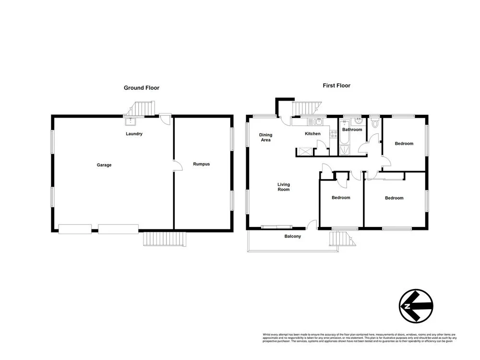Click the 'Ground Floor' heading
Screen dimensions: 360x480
click(x=142, y=88)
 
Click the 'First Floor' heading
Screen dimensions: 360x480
click(x=336, y=85)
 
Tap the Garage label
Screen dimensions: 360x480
click(x=104, y=165)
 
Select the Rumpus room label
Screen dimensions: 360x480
click(x=201, y=164)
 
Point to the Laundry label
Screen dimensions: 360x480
click(x=134, y=134)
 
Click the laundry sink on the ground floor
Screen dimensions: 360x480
click(x=129, y=121)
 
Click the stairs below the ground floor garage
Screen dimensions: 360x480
click(x=165, y=239)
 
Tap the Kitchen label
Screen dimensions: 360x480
click(x=312, y=133)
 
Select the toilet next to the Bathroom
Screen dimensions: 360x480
click(x=375, y=124)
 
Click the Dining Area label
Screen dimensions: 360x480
click(x=265, y=137)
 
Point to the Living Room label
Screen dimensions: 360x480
click(x=284, y=187)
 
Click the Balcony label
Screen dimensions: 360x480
click(x=293, y=236)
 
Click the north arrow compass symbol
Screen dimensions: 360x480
click(x=416, y=306)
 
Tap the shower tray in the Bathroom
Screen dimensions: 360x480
click(x=344, y=151)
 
